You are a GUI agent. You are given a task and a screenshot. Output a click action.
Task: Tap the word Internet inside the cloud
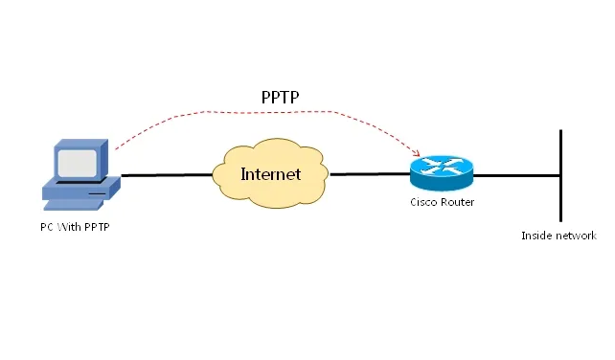coord(270,174)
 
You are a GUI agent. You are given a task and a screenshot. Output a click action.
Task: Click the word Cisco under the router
coord(424,203)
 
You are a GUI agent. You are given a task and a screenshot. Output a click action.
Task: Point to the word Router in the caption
coord(457,203)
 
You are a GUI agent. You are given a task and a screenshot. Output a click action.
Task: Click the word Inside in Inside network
coord(536,236)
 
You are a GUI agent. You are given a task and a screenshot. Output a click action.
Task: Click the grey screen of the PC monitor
coord(78,160)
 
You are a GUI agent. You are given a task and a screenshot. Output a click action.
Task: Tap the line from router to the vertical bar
coord(517,175)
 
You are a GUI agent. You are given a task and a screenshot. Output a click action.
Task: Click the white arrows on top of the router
coord(442,165)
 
